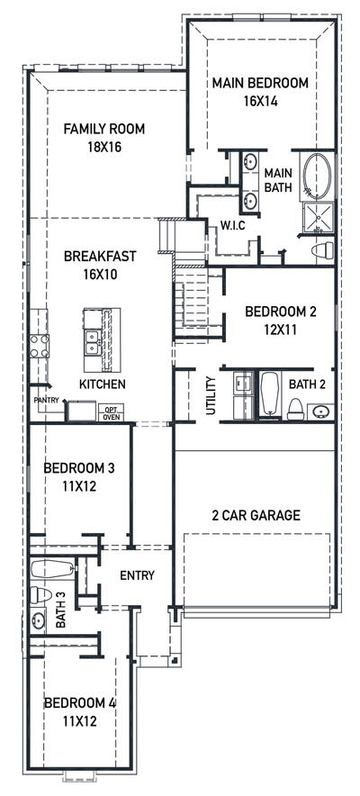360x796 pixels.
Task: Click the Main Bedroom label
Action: [260, 83]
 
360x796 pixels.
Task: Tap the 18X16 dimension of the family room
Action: [103, 146]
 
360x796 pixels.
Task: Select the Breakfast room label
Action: [100, 256]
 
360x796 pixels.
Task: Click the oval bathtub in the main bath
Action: [317, 176]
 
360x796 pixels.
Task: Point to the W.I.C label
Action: [233, 224]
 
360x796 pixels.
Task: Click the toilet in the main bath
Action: [321, 249]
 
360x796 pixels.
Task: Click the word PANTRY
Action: [46, 399]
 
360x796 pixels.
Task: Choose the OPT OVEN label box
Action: [111, 412]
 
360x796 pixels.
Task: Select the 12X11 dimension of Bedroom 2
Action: [281, 330]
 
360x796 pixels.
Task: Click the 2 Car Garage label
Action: [256, 515]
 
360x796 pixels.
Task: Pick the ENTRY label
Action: [137, 575]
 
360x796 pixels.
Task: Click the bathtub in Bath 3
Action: [53, 568]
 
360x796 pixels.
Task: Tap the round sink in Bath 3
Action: [39, 620]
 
